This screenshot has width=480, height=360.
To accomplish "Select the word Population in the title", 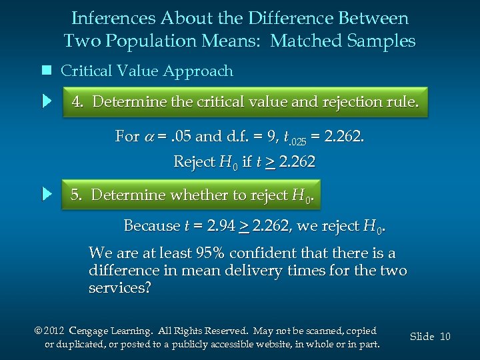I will coord(139,41).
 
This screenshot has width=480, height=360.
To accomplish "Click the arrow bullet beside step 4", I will coord(47,102).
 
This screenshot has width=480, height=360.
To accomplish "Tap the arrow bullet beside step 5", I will coord(47,195).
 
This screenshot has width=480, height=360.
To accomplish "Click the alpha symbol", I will coord(151,137).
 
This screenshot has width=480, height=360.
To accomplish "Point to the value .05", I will coord(180,137).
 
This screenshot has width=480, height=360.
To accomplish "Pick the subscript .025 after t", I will coord(299,141).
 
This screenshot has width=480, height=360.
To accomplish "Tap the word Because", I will coord(152,226).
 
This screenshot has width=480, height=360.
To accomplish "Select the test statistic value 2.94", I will coord(219,226).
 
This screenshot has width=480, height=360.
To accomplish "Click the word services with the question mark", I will coord(120,288).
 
